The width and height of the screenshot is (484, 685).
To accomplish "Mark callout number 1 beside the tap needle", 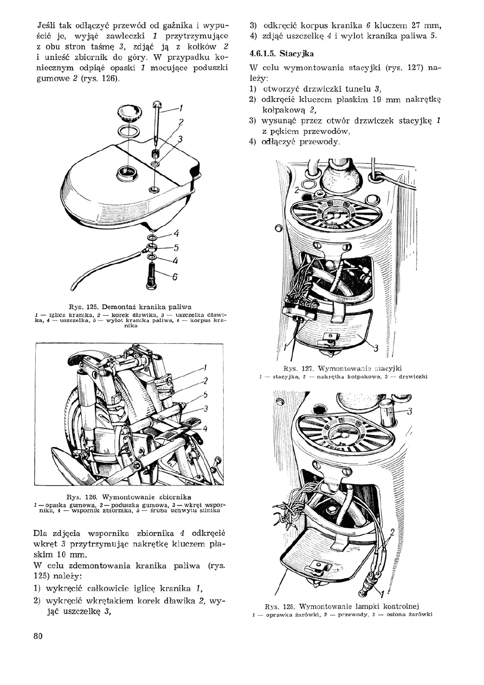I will [x=180, y=107].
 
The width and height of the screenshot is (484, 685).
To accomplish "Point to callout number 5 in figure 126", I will [x=205, y=395].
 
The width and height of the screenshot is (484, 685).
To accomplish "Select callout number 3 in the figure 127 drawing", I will [x=376, y=348].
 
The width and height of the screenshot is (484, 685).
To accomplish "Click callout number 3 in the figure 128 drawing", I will [x=410, y=411].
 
